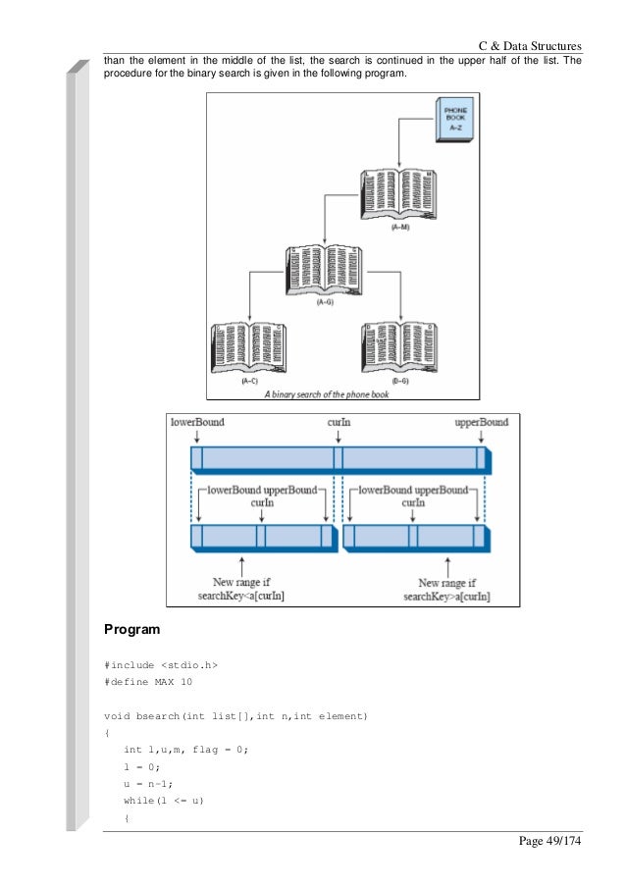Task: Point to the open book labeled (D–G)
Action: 399,348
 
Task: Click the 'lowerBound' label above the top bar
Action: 197,423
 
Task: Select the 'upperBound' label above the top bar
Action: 481,423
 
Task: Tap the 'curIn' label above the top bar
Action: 339,423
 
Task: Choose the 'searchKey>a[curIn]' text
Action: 446,596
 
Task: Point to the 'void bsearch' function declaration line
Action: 235,717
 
